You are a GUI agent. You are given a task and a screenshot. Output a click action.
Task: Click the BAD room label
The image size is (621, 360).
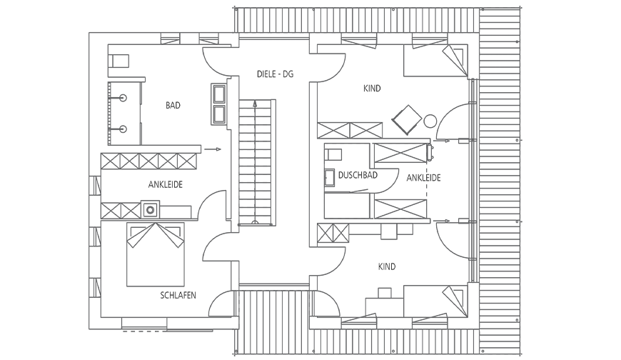click(x=173, y=105)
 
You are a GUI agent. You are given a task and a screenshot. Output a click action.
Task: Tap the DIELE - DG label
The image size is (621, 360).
click(x=276, y=74)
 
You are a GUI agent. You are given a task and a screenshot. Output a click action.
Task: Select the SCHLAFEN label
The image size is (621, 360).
click(x=178, y=296)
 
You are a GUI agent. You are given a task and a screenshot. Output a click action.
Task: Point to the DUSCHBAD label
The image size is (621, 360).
click(x=358, y=175)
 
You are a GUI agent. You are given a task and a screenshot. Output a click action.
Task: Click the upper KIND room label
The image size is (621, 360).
click(x=372, y=88)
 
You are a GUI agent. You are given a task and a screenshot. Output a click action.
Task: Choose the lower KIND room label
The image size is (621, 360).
click(x=387, y=266)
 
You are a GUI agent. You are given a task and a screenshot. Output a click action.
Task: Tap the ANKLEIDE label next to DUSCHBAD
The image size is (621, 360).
click(x=424, y=178)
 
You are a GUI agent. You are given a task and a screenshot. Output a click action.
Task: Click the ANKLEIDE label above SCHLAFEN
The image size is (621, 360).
click(x=166, y=184)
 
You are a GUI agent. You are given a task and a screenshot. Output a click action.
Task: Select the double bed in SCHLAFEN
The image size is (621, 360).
click(x=156, y=254)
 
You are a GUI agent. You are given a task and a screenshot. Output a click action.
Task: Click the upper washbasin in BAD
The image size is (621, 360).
click(x=123, y=98)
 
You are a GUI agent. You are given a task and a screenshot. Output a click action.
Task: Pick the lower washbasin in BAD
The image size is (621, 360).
click(x=123, y=129)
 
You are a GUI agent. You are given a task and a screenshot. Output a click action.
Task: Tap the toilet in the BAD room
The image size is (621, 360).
click(x=118, y=61)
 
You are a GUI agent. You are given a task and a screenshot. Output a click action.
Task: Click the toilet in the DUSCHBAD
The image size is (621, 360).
click(x=333, y=154)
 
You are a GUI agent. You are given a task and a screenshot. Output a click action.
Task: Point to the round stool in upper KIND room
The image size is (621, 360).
click(x=430, y=121)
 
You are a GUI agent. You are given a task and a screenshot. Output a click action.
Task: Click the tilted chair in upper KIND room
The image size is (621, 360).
click(x=407, y=120)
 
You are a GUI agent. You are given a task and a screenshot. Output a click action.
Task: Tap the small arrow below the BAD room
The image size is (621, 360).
click(x=213, y=149)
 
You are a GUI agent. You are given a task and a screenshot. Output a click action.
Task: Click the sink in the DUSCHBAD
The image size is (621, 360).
click(x=330, y=178)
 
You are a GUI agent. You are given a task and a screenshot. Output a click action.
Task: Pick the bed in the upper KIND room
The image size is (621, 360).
click(x=435, y=60)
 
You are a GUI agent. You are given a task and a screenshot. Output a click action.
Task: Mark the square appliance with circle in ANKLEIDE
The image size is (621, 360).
click(x=150, y=209)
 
